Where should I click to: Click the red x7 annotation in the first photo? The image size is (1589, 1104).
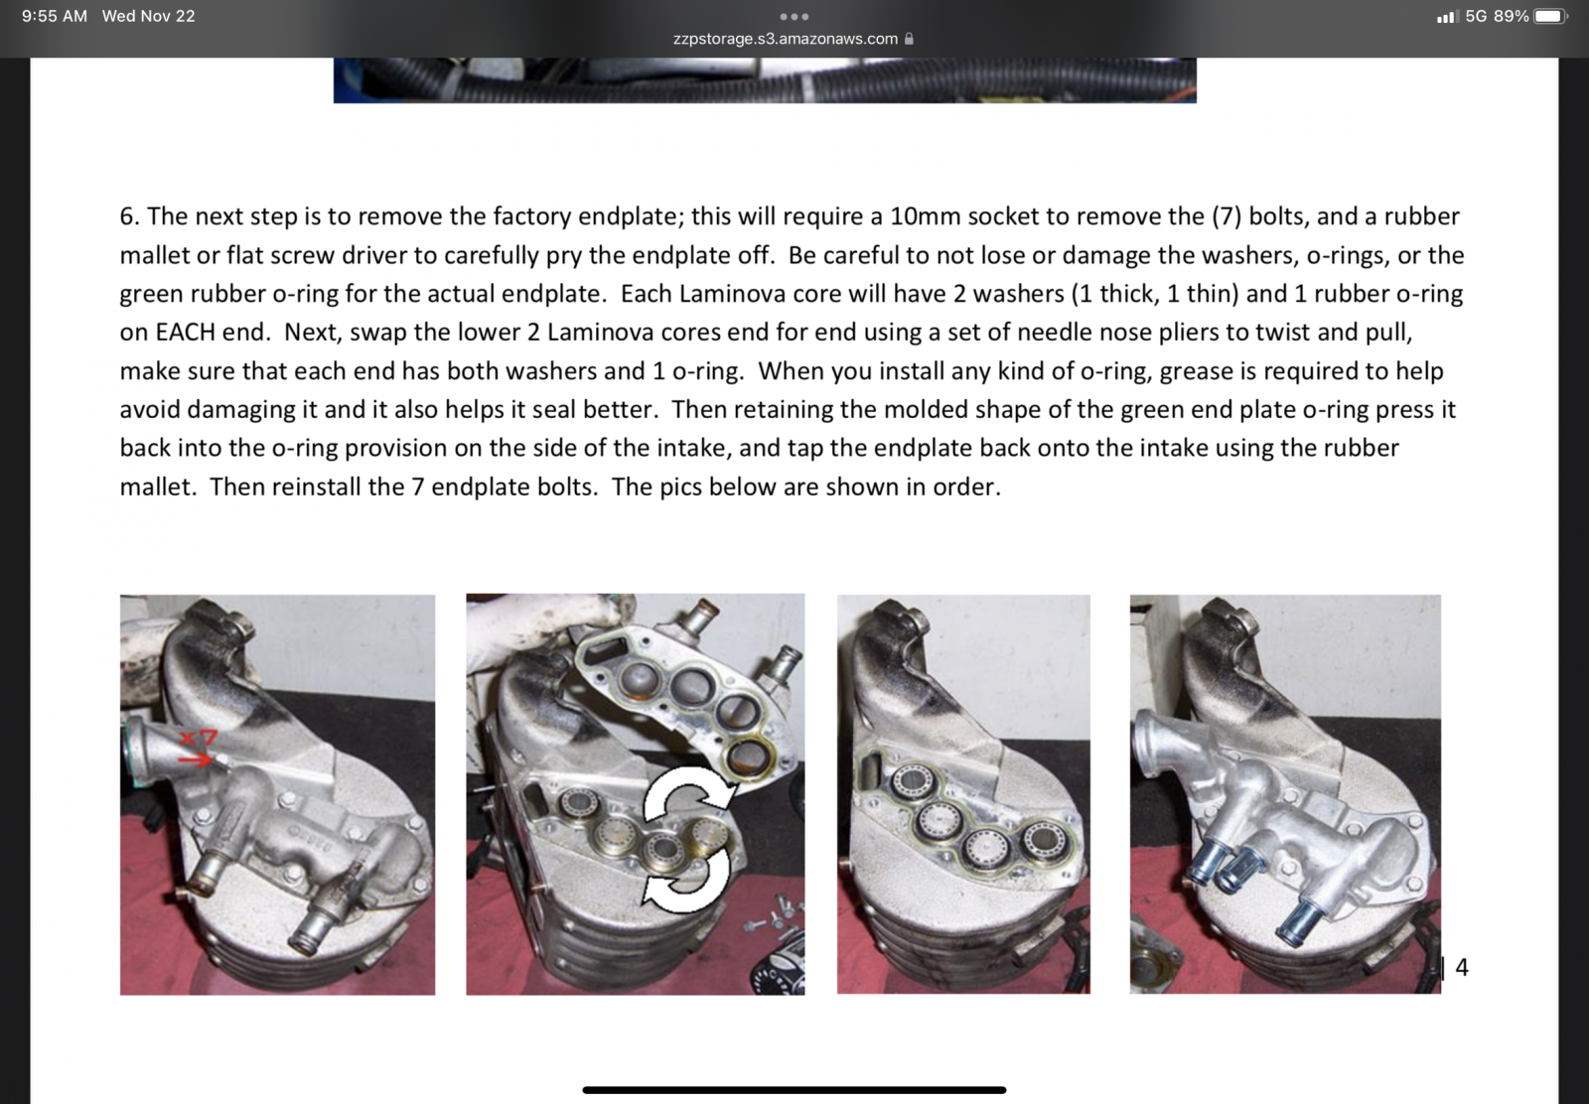(x=198, y=738)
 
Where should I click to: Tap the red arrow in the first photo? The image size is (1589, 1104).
(x=195, y=759)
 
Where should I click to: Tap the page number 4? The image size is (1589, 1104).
(x=1461, y=967)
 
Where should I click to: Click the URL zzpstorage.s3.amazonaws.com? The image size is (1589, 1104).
(x=786, y=39)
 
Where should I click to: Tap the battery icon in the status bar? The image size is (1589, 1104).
(x=1551, y=16)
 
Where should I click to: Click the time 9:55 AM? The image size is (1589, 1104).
(x=55, y=16)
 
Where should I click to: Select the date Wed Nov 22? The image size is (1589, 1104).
(x=148, y=16)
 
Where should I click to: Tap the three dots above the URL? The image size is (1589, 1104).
(x=794, y=16)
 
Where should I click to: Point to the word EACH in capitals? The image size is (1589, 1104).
(x=185, y=332)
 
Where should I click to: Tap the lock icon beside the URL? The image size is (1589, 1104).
(x=909, y=39)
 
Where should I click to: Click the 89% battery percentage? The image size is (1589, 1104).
(x=1511, y=16)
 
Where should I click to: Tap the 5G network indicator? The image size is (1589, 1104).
(x=1476, y=16)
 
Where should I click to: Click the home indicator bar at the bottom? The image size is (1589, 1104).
(x=794, y=1090)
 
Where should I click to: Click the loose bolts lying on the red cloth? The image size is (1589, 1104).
(x=776, y=914)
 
